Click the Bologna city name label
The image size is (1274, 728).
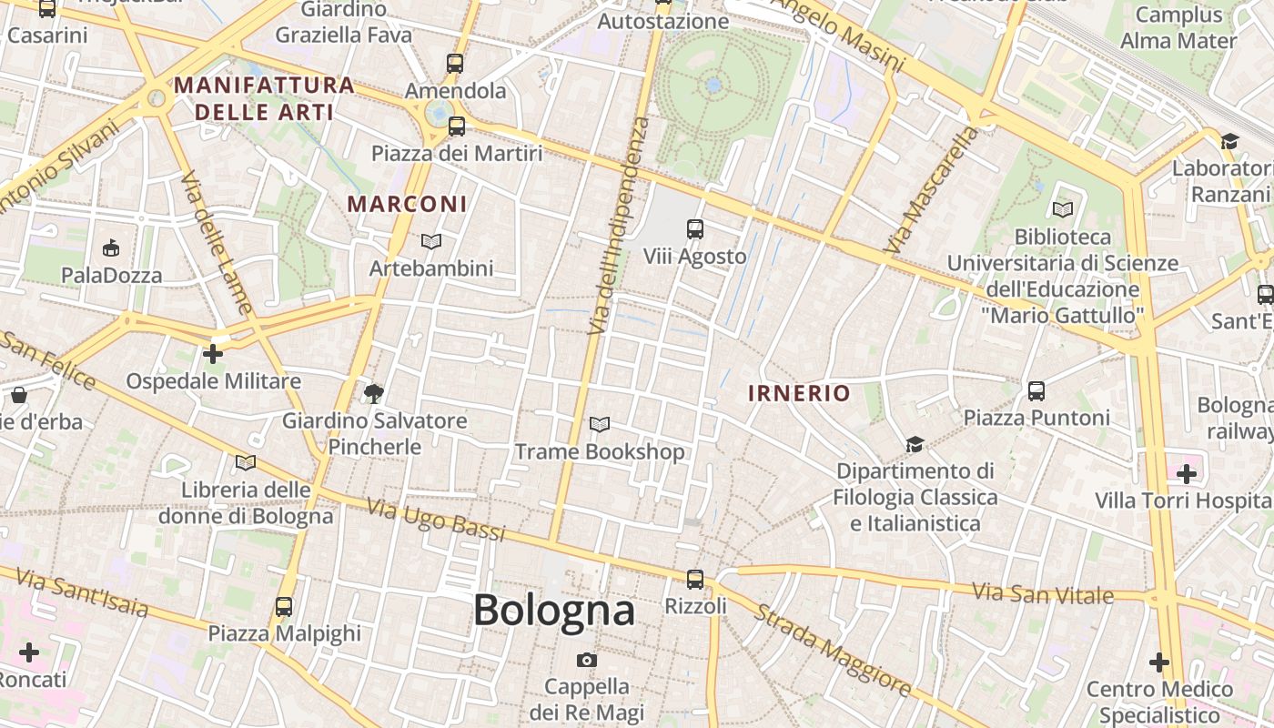[x=553, y=610]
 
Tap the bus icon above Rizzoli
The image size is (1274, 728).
[x=695, y=579]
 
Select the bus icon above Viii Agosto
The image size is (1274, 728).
[x=695, y=229]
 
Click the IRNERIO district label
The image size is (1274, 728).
[x=799, y=393]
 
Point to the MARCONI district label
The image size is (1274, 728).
[x=407, y=204]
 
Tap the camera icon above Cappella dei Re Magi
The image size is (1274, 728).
[x=587, y=660]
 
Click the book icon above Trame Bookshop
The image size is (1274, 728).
[x=599, y=424]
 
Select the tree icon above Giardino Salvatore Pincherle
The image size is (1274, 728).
[x=373, y=393]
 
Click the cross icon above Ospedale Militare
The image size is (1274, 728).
[x=213, y=353]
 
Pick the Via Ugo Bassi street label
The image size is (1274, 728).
[x=436, y=520]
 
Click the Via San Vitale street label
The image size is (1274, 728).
[x=1043, y=593]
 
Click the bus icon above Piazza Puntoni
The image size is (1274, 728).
[x=1036, y=391]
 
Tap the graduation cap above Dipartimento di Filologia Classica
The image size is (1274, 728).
[x=915, y=444]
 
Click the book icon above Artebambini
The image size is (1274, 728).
[x=431, y=241]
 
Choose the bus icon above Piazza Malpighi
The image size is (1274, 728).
[x=284, y=606]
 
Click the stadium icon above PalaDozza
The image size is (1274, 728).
[x=112, y=248]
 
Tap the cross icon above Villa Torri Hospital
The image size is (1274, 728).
[x=1186, y=473]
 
